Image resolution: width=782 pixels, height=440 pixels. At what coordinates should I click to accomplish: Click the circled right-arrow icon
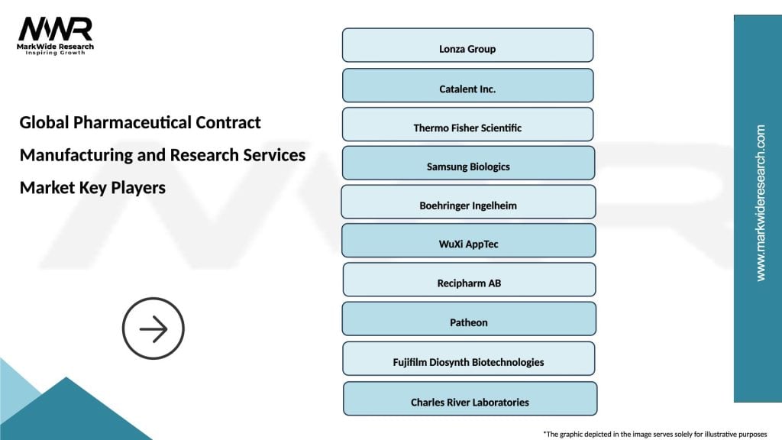(x=153, y=330)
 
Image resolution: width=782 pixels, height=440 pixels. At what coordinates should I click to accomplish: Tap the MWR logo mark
(x=56, y=29)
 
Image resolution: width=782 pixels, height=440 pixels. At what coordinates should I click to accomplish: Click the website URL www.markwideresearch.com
(x=760, y=203)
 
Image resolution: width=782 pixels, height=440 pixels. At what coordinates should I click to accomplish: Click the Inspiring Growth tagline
(x=57, y=53)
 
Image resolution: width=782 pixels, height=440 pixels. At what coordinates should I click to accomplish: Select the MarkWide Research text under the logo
(x=57, y=46)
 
